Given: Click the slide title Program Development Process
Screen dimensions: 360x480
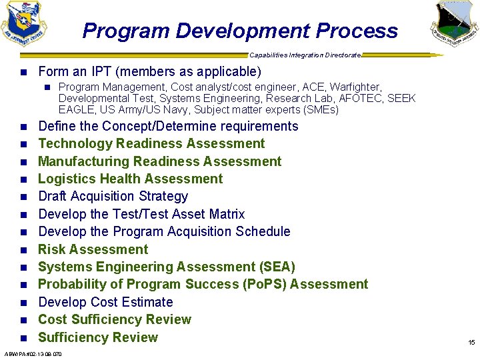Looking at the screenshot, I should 240,31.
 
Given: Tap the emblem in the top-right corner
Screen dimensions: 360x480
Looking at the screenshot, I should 455,23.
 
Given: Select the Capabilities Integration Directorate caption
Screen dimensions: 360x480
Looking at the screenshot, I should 305,55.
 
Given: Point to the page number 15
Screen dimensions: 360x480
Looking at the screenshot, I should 471,342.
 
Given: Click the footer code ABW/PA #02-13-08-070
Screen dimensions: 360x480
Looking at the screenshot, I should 33,354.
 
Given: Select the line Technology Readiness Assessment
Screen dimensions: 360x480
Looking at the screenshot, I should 151,143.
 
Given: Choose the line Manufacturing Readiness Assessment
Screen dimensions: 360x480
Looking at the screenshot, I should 159,161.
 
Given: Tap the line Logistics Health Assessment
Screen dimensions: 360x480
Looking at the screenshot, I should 130,179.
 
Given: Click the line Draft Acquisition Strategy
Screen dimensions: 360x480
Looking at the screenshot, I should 113,196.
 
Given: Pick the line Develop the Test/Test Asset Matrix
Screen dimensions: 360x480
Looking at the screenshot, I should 141,214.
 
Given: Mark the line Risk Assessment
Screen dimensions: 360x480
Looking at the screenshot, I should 93,249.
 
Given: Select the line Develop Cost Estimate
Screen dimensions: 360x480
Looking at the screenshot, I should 105,302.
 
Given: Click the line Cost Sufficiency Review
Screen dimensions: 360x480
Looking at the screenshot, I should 114,319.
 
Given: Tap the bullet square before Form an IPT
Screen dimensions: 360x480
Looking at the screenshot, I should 23,72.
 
